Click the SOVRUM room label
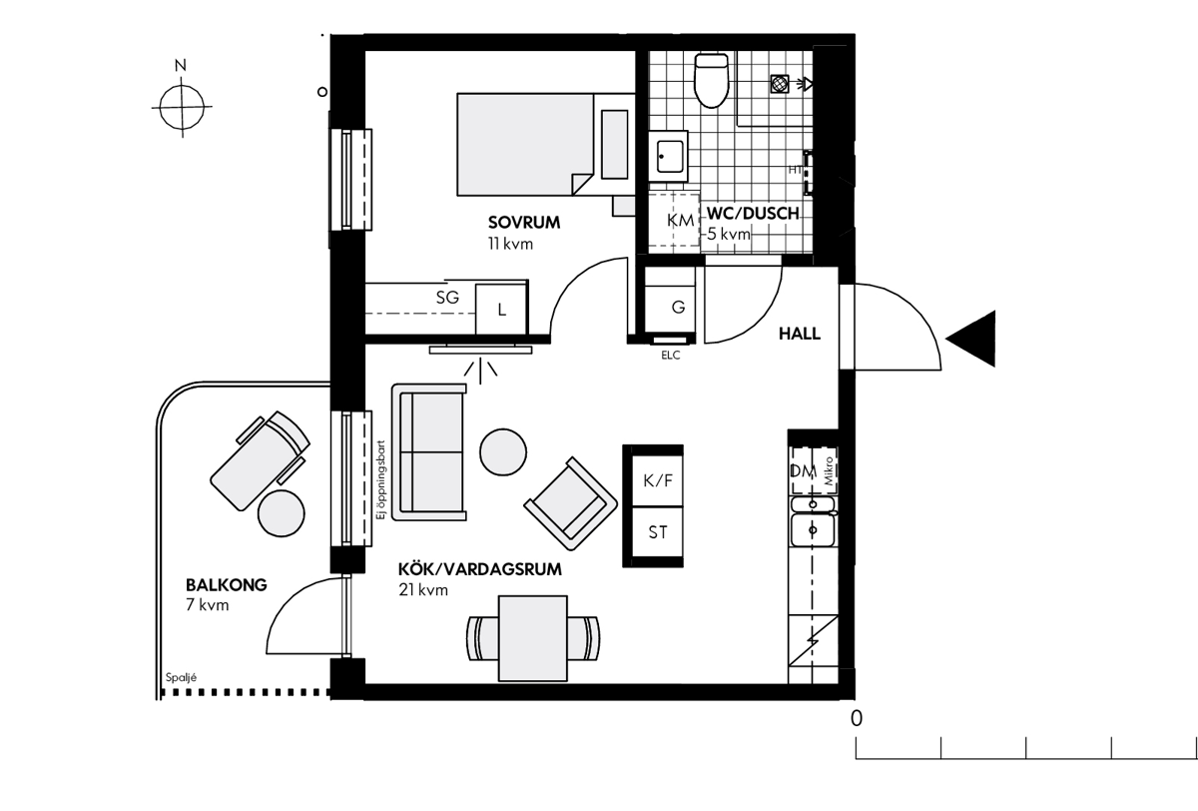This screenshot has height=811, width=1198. point(523,223)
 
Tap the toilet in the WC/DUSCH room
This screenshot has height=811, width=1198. point(711,80)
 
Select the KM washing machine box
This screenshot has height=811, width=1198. point(674,221)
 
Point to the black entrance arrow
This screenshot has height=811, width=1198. point(970,339)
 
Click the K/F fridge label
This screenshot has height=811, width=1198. point(657,481)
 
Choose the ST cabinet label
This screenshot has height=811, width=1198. point(657,532)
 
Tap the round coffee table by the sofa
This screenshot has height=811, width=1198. point(503,452)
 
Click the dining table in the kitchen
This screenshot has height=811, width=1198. point(533,638)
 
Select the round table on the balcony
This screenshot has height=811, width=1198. point(282,513)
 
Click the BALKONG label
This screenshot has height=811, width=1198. point(227,584)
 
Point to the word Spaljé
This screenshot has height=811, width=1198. point(181,677)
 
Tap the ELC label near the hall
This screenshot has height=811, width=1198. point(670,356)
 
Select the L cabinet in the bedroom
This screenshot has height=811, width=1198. point(500,310)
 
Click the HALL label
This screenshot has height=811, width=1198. point(799,334)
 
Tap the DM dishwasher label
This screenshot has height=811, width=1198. point(803,471)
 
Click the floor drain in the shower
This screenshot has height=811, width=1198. point(780,84)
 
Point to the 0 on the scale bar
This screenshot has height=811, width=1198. point(857,718)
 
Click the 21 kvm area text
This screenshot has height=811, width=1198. point(423,590)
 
